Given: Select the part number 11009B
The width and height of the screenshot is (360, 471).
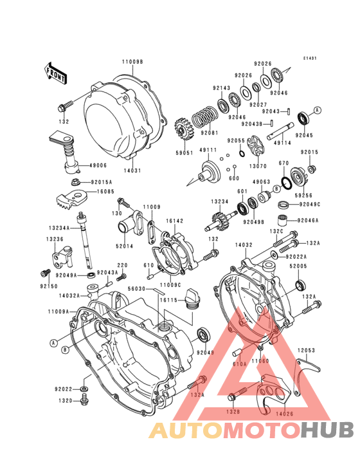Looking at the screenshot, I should tap(132, 62).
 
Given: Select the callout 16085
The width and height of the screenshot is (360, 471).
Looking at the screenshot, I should tap(107, 191).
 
